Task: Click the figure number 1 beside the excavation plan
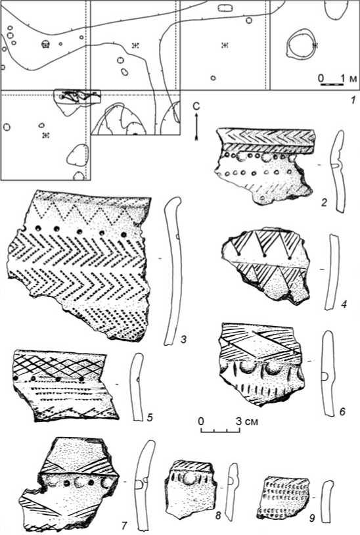(x=353, y=100)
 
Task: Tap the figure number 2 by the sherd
(x=324, y=203)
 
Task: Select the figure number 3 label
(x=183, y=340)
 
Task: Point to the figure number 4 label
(x=344, y=304)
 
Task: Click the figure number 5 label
(x=150, y=417)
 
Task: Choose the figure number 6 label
(x=342, y=412)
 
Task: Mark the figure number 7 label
(x=124, y=526)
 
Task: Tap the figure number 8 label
(x=219, y=515)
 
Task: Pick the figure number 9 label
(x=311, y=519)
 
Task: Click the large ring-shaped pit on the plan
(x=300, y=45)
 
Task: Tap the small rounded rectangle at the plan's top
(x=225, y=8)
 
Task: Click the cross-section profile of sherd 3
(x=173, y=271)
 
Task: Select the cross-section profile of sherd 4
(x=332, y=272)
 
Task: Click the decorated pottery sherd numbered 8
(x=191, y=488)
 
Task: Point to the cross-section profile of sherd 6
(x=328, y=373)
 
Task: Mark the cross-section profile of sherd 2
(x=338, y=172)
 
